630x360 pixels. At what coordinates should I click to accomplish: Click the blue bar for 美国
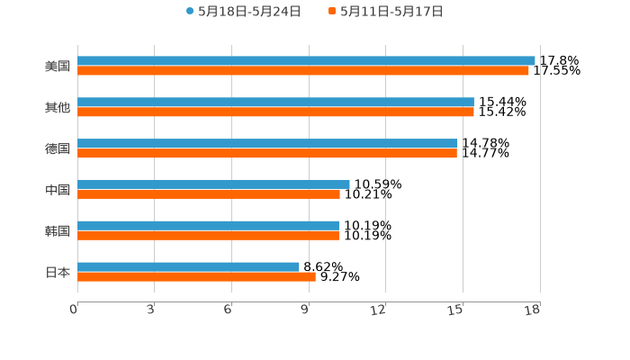point(306,60)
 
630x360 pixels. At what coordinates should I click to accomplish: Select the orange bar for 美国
point(303,70)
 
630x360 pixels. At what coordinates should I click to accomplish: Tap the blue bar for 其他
point(275,102)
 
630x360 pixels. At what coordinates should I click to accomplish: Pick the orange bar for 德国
point(267,153)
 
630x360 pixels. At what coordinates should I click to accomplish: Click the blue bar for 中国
point(213,184)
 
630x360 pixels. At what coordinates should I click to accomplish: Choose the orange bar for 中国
point(209,193)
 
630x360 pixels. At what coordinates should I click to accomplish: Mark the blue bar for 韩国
point(208,225)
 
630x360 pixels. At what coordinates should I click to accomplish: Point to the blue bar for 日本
point(188,266)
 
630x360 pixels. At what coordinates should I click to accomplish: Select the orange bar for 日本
point(196,276)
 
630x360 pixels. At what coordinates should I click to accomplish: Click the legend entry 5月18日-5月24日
point(249,12)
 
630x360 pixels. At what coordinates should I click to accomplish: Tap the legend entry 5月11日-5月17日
point(391,12)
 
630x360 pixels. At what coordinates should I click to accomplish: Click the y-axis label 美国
point(58,66)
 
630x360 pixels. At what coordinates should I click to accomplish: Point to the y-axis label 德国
point(58,148)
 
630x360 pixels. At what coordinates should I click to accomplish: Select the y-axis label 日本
point(58,272)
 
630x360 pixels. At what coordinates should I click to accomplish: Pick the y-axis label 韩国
point(58,230)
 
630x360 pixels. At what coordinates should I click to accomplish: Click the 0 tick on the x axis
point(74,310)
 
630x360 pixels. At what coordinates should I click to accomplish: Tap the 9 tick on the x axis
point(305,310)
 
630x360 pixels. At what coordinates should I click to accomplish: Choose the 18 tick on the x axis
point(533,310)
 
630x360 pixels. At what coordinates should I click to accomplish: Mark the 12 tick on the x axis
point(379,310)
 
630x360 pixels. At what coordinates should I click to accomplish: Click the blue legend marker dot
point(190,12)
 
